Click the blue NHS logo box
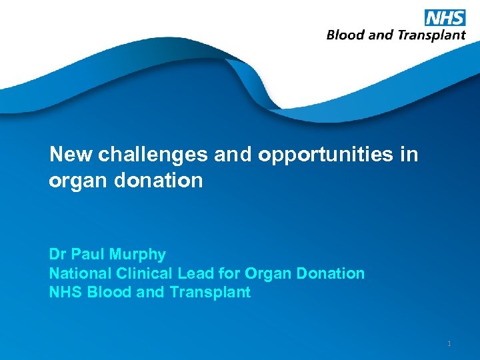444,17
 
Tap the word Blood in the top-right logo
345,35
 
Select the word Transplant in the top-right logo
431,35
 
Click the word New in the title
71,155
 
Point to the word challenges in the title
153,155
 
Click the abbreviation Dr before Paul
58,255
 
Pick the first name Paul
88,255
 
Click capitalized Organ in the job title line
266,273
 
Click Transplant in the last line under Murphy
211,292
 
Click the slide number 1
449,343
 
